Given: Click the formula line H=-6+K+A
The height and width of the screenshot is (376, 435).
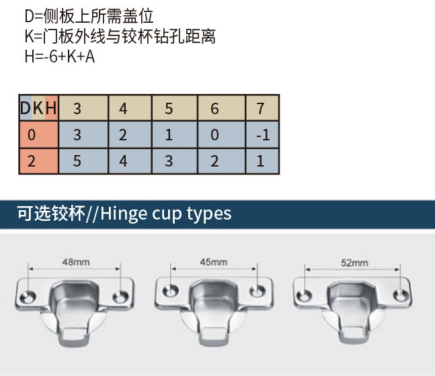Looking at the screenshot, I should coord(60,56).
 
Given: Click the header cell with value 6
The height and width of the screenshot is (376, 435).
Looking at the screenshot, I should coord(215,109).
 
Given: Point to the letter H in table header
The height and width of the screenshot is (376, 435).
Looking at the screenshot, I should coord(51,109).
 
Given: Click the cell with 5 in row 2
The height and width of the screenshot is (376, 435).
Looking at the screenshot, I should coord(77,161).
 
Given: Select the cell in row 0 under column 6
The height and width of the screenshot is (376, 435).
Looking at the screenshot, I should coord(215,135).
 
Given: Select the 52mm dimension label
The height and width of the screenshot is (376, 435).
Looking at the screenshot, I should coord(354,262).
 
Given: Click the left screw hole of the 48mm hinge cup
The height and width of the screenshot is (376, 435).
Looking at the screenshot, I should coord(30,293).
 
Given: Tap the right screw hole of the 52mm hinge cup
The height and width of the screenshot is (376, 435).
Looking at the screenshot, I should coord(402,293).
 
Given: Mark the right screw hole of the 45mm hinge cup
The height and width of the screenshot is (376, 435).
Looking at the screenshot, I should coord(257,291).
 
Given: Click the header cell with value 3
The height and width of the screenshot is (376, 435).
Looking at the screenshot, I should coord(77,109).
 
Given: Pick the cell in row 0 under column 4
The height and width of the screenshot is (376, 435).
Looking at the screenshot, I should coord(123,135).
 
